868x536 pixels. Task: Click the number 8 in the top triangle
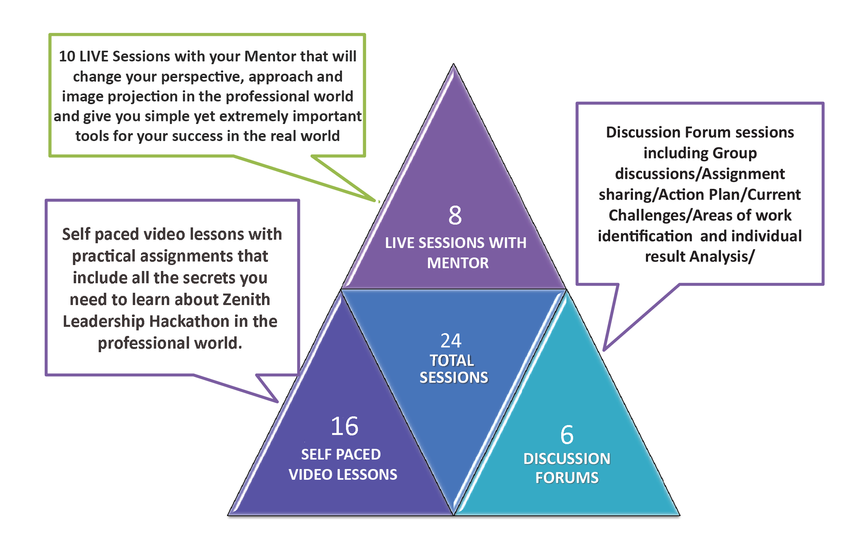pyautogui.click(x=455, y=215)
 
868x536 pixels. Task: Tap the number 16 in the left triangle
pyautogui.click(x=344, y=426)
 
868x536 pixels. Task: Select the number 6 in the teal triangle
pyautogui.click(x=567, y=435)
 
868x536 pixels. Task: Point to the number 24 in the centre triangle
pyautogui.click(x=451, y=341)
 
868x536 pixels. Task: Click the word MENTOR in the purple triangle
pyautogui.click(x=458, y=263)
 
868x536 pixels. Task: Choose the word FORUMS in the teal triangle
pyautogui.click(x=567, y=478)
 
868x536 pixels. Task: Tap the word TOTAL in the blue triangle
pyautogui.click(x=452, y=361)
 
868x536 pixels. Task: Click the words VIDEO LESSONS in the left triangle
pyautogui.click(x=343, y=475)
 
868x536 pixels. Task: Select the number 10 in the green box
pyautogui.click(x=67, y=56)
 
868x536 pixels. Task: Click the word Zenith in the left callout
pyautogui.click(x=246, y=299)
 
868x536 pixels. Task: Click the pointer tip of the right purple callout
pyautogui.click(x=604, y=350)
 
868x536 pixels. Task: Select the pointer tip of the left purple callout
pyautogui.click(x=277, y=402)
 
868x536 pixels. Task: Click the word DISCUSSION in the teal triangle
pyautogui.click(x=567, y=459)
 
